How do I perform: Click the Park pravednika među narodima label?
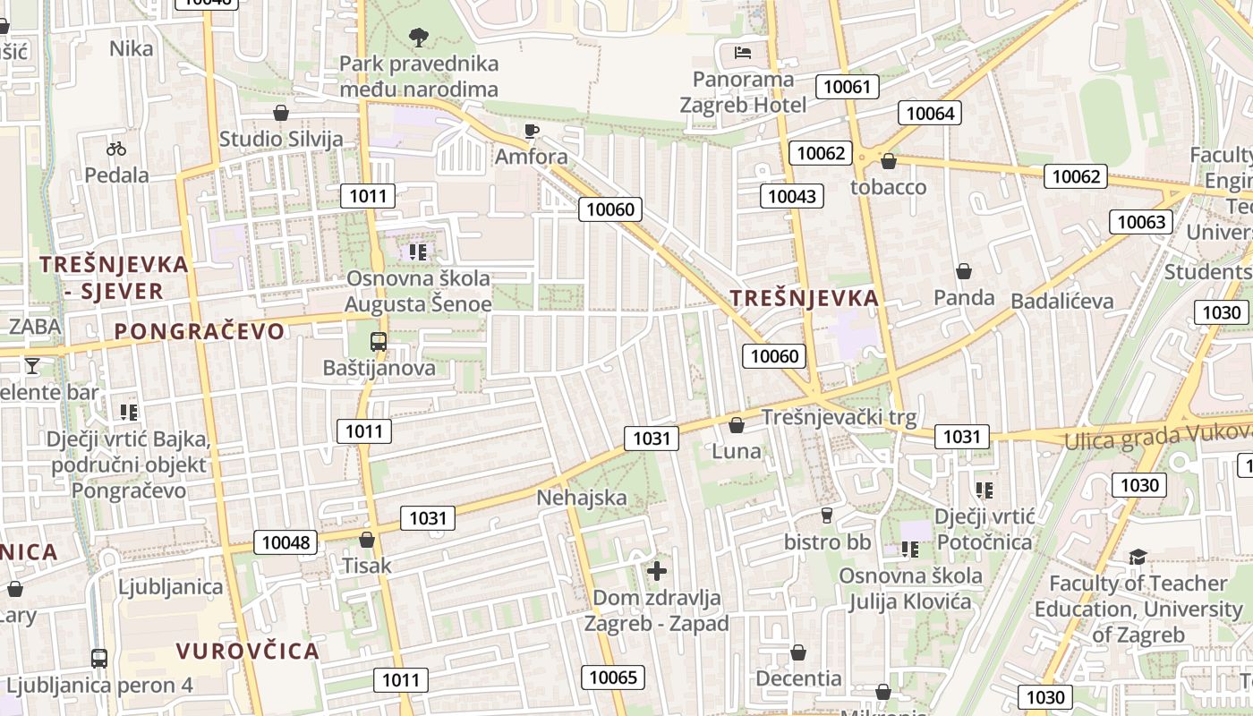coord(419,76)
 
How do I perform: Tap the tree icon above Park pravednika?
coord(418,37)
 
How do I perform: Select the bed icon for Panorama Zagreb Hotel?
coord(743,52)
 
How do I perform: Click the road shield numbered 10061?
coord(847,87)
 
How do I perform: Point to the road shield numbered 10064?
coord(930,113)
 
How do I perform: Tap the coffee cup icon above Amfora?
coord(532,132)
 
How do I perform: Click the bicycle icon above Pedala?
coord(116,149)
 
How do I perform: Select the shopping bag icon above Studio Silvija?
coord(281,113)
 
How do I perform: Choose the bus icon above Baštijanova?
coord(379,341)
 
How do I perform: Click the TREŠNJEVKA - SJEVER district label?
coord(115,277)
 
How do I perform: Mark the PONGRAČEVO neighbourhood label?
coord(200,331)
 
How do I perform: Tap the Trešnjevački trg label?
coord(839,417)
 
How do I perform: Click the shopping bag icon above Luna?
coord(737,425)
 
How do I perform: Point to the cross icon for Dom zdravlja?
coord(657,570)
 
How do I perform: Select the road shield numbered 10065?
coord(613,677)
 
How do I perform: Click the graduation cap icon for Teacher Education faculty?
coord(1138,557)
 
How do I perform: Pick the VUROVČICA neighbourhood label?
coord(248,651)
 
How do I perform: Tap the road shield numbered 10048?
coord(286,542)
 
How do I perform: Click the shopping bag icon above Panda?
coord(964,270)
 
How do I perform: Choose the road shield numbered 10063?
coord(1141,222)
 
